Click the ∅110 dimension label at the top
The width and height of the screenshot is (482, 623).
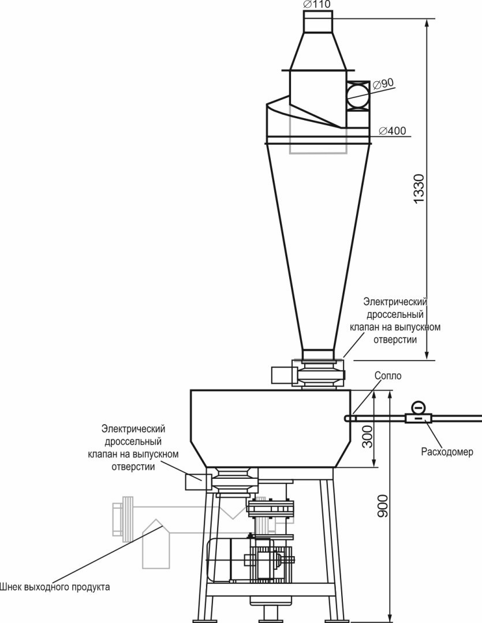317,4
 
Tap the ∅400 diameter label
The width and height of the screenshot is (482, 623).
393,131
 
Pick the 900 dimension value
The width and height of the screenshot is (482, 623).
382,506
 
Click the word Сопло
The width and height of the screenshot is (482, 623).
387,376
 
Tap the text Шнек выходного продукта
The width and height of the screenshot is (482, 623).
55,588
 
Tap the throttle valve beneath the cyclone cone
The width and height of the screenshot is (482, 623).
318,374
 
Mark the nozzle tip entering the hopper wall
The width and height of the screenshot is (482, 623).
349,418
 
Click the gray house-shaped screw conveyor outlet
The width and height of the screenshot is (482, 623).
156,545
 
